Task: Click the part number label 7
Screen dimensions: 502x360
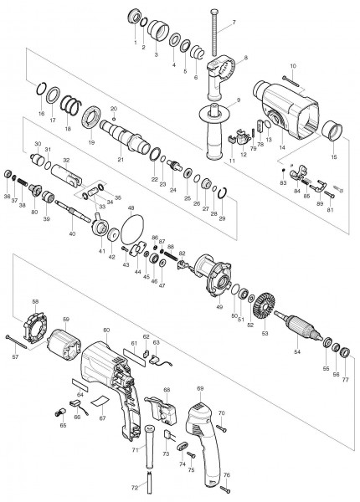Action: [x=234, y=22]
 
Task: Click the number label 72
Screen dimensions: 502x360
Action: [x=135, y=487]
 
